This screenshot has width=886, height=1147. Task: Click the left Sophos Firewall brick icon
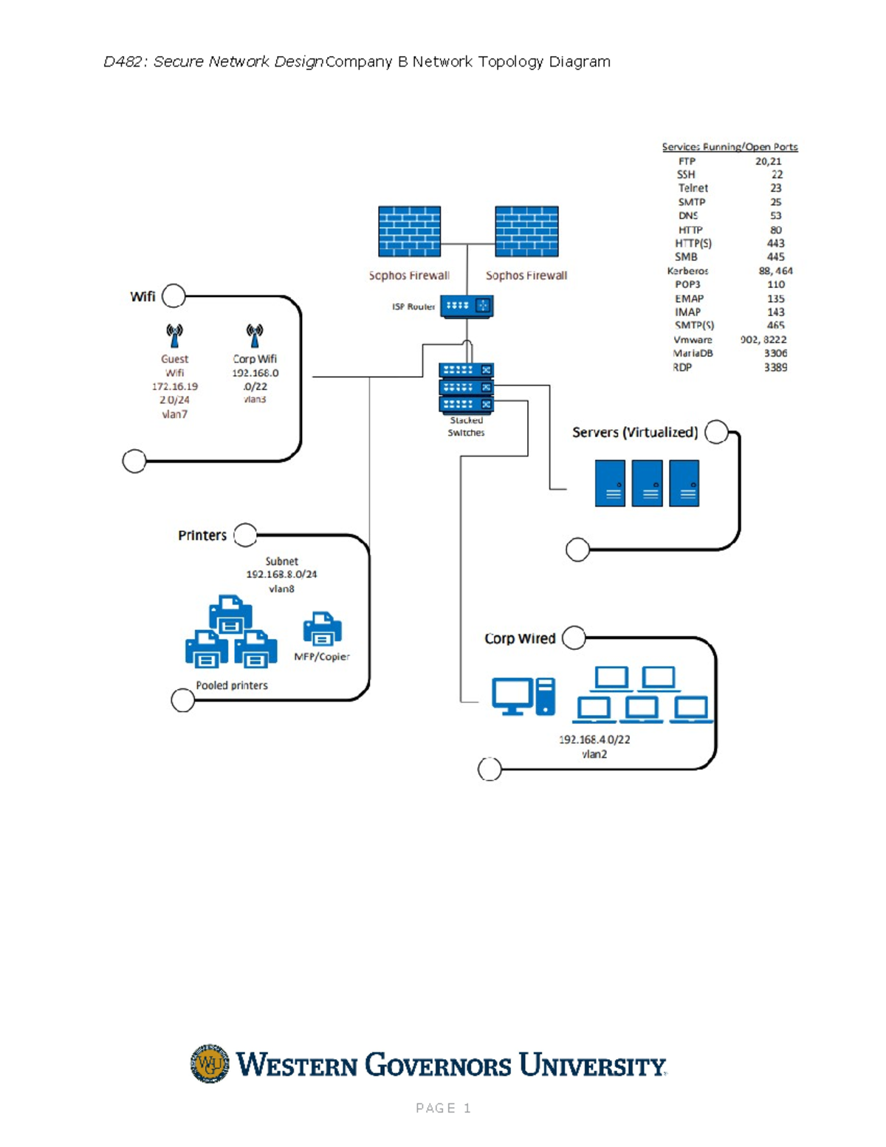(x=409, y=231)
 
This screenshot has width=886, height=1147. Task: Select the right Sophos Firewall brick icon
(x=526, y=231)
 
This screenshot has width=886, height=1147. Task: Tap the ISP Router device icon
(x=467, y=306)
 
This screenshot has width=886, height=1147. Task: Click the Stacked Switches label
(x=466, y=427)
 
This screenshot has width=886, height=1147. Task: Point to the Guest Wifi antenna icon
(x=174, y=335)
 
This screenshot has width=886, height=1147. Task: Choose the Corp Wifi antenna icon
(x=255, y=335)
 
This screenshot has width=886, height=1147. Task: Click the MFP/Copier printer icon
(x=323, y=629)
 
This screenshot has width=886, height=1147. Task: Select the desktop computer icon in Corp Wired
(x=523, y=696)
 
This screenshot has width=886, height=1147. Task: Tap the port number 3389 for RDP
(x=775, y=367)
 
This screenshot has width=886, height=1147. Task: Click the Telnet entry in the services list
(x=693, y=188)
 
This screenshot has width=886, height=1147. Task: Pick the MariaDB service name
(x=693, y=353)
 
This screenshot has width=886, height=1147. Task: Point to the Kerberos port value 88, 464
(x=775, y=271)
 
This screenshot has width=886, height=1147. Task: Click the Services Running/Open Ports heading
(x=729, y=147)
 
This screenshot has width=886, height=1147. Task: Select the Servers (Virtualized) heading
(x=635, y=432)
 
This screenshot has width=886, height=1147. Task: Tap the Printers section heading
(x=202, y=535)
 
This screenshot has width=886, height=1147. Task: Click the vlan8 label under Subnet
(x=281, y=589)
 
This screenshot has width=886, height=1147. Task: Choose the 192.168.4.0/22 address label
(x=594, y=739)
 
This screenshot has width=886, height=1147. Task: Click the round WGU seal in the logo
(x=210, y=1064)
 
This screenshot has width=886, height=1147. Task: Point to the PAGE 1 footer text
(x=443, y=1108)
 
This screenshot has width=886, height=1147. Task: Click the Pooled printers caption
(x=232, y=685)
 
